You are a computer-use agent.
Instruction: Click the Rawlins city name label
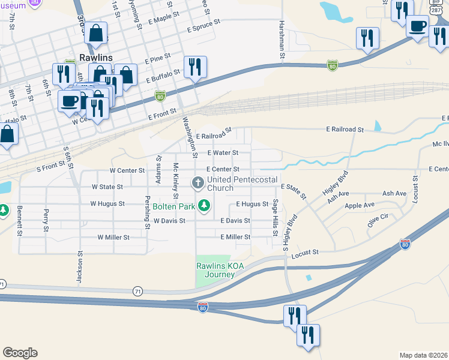95,58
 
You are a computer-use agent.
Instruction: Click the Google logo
20,353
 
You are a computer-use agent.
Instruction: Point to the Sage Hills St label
276,217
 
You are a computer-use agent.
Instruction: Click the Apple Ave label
359,206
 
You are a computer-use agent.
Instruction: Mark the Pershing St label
146,211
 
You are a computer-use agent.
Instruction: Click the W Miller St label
113,238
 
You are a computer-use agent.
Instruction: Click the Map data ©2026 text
423,355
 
